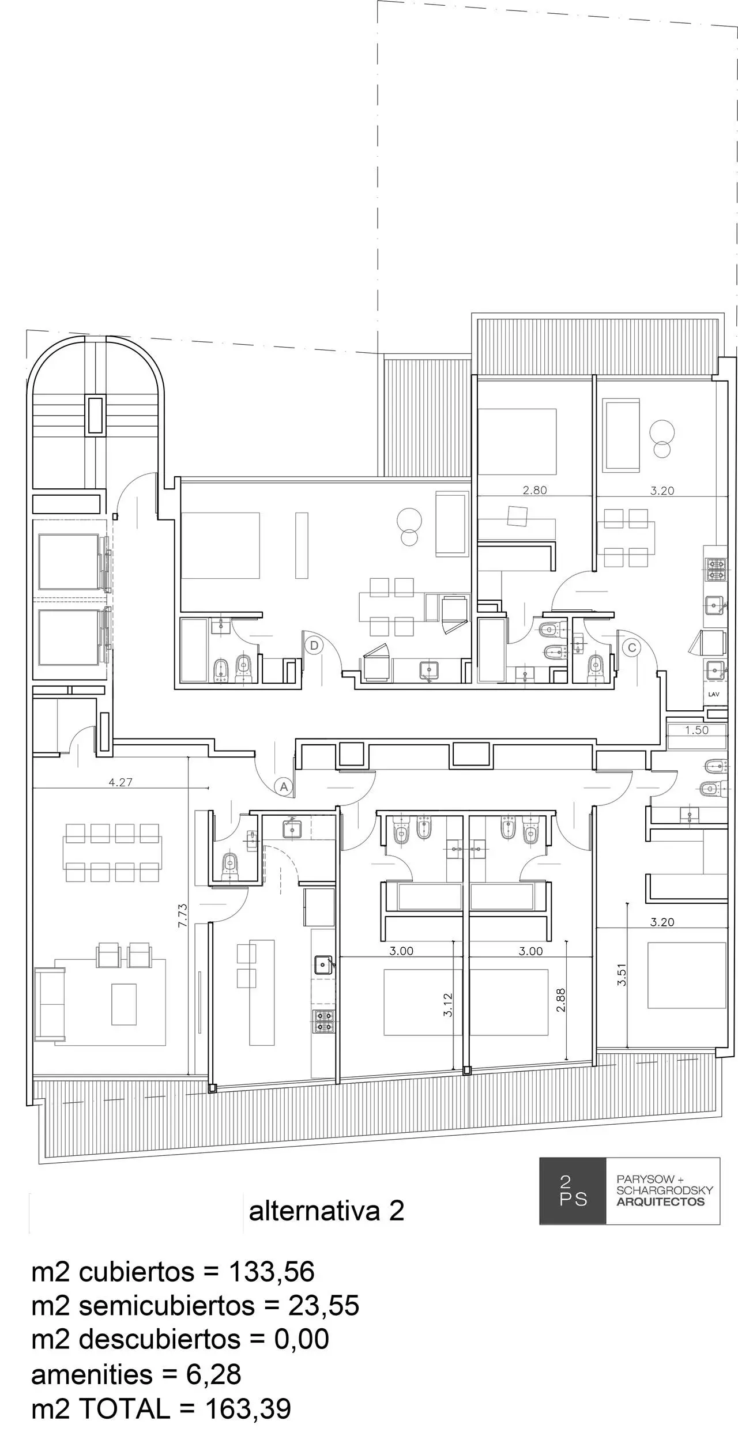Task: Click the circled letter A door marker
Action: point(283,786)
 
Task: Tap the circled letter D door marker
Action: point(314,645)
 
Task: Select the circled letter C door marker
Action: point(632,647)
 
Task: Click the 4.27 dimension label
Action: point(120,782)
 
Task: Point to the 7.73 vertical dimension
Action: point(182,915)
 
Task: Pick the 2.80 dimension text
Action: point(534,491)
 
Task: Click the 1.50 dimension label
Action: point(696,730)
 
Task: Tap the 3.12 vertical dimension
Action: point(448,1004)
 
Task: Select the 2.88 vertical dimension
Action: point(561,1000)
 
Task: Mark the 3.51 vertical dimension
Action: point(622,975)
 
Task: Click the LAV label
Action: point(714,695)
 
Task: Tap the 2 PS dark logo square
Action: point(573,1191)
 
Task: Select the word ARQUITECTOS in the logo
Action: point(661,1202)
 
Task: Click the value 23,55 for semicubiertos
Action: point(324,1305)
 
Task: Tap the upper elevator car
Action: point(69,562)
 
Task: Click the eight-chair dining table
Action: point(112,853)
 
